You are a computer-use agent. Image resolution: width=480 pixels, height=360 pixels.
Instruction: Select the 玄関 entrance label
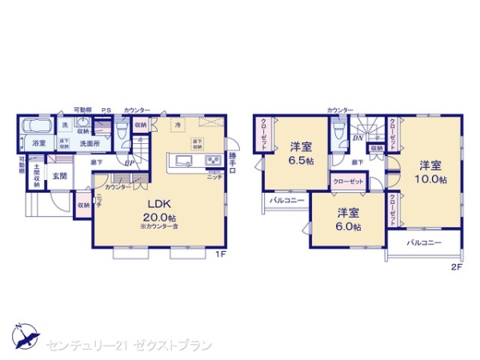60,175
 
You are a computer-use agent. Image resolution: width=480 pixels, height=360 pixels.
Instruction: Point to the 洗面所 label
89,144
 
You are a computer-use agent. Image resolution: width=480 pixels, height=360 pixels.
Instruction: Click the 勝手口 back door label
232,160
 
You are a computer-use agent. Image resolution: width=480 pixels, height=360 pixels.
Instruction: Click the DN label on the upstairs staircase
357,137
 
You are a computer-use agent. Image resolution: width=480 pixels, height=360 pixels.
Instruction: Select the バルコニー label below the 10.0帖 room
424,241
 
